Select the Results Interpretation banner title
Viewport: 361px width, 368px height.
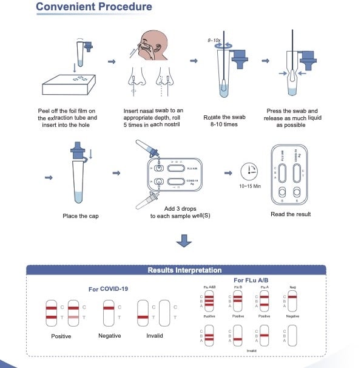pos(184,270)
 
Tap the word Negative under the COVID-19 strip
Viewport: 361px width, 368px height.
pos(109,335)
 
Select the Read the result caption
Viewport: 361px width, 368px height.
pos(292,214)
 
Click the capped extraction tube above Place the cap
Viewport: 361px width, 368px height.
pos(78,173)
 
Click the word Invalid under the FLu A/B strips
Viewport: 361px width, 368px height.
pos(249,350)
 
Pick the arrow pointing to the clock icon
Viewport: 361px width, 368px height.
pos(228,172)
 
